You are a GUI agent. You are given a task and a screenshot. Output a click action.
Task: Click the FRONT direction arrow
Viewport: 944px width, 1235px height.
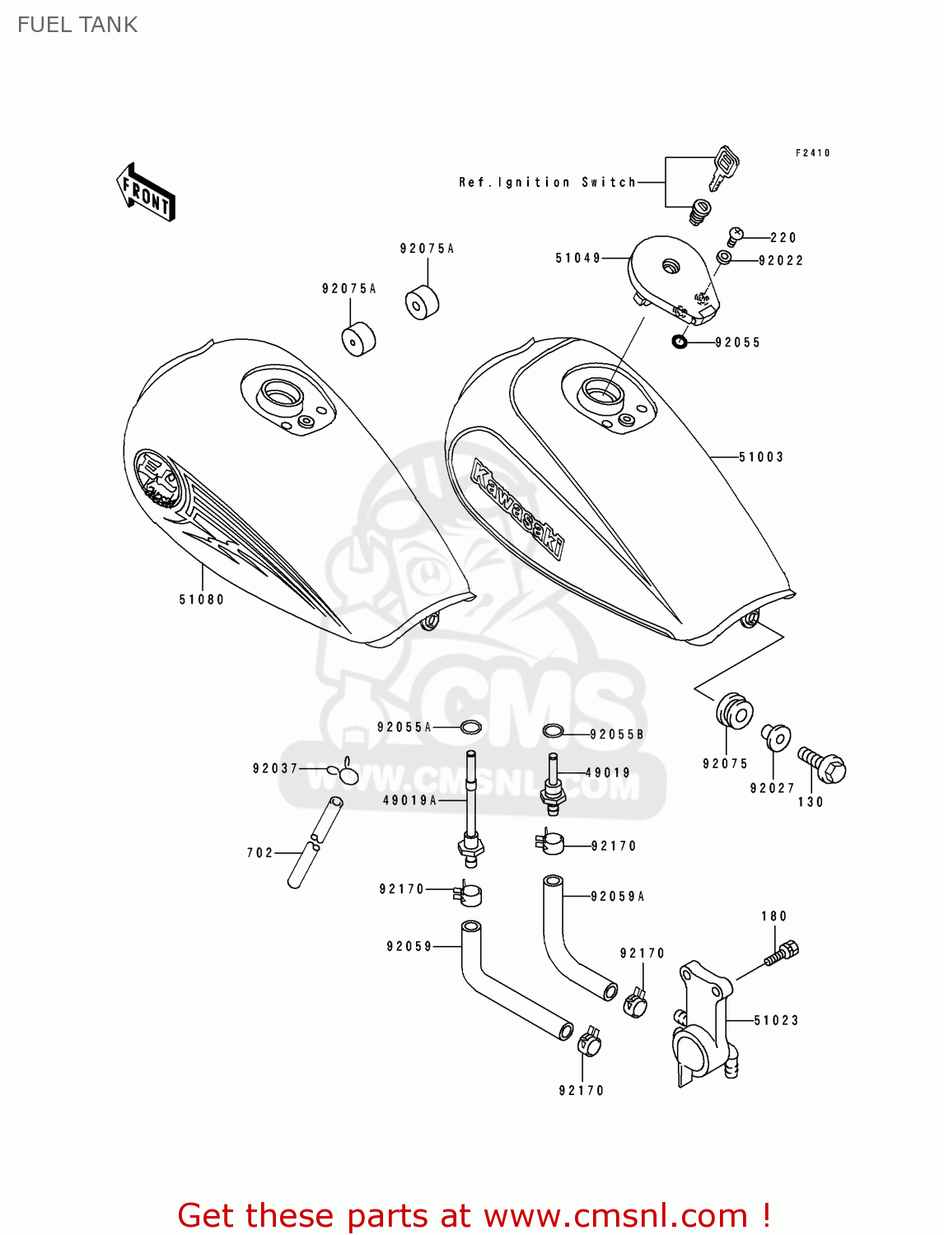point(146,192)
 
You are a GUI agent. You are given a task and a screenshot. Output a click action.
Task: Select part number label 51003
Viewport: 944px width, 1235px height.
point(760,457)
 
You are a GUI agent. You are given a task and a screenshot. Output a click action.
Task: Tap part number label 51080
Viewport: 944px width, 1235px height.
point(201,599)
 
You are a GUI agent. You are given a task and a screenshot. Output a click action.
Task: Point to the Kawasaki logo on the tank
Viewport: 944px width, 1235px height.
point(517,508)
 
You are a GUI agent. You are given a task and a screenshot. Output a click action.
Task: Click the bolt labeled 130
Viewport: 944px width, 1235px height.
point(822,766)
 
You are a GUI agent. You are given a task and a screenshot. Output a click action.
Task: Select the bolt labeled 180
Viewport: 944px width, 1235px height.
point(782,953)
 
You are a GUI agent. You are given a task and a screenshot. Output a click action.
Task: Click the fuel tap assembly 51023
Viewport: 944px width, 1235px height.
point(703,1022)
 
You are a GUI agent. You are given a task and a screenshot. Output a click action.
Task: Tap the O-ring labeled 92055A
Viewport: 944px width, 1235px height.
point(471,727)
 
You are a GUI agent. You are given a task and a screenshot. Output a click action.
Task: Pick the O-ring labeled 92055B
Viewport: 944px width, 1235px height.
point(553,730)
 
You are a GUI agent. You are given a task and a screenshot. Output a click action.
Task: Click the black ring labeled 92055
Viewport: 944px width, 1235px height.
point(680,341)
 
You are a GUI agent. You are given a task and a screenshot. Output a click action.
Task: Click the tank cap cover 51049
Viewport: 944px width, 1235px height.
point(671,276)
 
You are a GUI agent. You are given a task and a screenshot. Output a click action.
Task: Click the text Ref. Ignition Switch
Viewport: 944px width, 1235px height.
point(547,182)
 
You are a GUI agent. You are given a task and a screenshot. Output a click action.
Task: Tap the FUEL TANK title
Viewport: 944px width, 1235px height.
point(77,25)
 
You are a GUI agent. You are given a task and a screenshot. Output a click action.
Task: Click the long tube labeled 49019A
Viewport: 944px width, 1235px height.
point(471,807)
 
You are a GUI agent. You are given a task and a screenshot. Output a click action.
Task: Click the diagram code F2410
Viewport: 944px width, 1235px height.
point(812,153)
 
